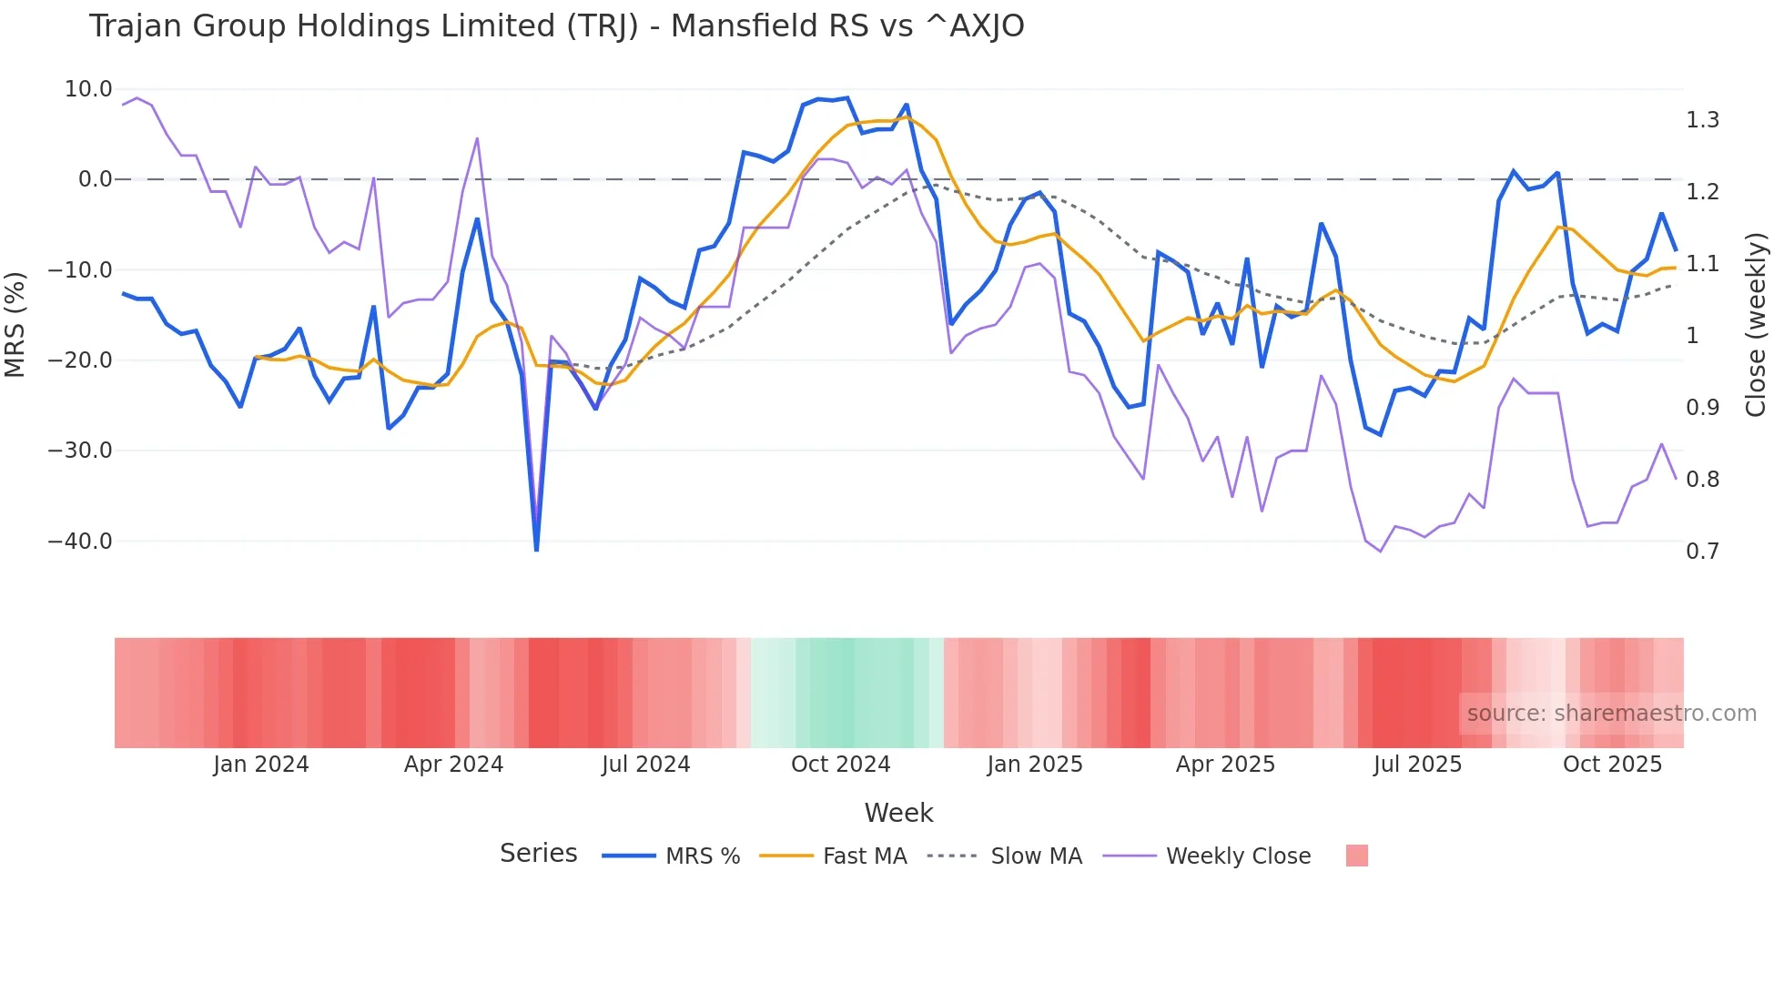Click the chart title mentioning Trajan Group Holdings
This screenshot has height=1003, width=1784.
[x=556, y=26]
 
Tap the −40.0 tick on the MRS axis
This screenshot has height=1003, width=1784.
[x=80, y=542]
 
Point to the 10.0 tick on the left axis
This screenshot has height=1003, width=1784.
[x=88, y=89]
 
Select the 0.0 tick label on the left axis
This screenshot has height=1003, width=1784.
[x=95, y=179]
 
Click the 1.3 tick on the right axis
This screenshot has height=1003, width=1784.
[x=1702, y=120]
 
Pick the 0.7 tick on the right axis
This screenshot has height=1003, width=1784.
[x=1702, y=552]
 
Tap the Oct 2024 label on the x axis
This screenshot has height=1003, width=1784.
[x=840, y=765]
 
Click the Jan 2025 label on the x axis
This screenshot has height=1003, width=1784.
[x=1035, y=765]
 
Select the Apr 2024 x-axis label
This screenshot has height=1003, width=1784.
[x=453, y=765]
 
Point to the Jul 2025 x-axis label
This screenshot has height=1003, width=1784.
[x=1417, y=765]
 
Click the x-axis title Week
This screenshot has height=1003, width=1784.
[x=898, y=813]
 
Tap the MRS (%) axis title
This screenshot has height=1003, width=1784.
[x=15, y=324]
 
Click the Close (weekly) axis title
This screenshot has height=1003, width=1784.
[x=1756, y=324]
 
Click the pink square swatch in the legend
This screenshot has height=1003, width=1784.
[x=1356, y=856]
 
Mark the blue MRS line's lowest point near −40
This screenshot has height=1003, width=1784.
[x=536, y=550]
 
